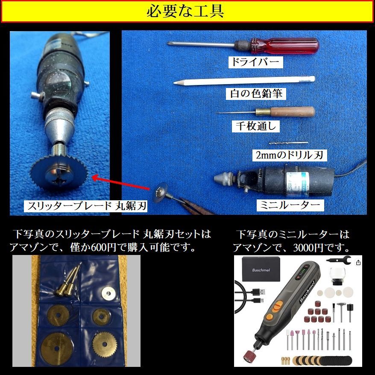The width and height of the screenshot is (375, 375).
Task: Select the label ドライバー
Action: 255,62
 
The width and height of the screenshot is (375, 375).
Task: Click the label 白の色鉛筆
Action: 256,94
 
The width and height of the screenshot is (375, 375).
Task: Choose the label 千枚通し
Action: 255,126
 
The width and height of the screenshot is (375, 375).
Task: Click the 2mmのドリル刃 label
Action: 290,155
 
